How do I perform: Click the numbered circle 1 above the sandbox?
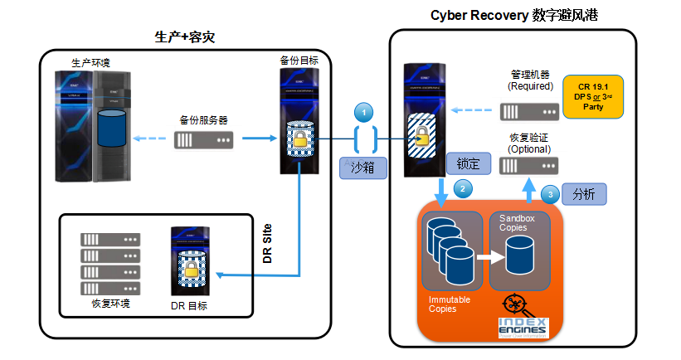[x=363, y=112]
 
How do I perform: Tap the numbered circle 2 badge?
[x=463, y=188]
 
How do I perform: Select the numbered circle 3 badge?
[x=550, y=193]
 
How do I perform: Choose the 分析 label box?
[x=584, y=194]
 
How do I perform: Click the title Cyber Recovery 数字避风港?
[x=515, y=15]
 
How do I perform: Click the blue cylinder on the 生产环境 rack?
[x=114, y=125]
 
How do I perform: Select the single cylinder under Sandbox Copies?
[x=520, y=255]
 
